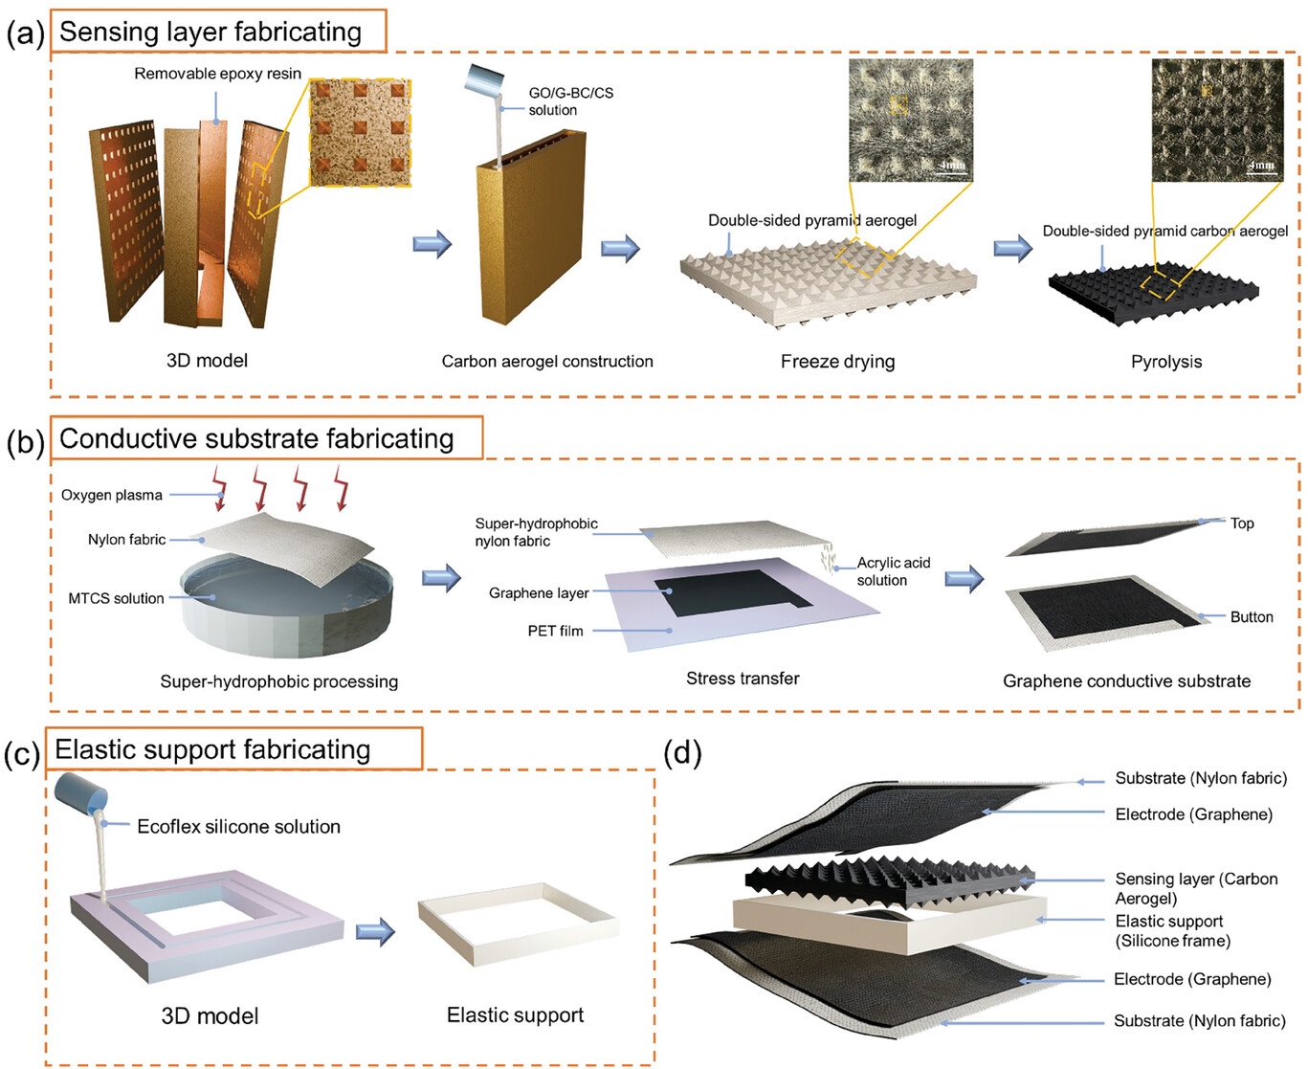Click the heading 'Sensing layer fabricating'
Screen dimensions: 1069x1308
tap(211, 32)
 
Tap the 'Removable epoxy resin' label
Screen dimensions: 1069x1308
tap(217, 74)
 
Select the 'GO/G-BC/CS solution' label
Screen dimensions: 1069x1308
tap(570, 101)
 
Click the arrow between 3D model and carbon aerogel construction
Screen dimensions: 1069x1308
tap(432, 244)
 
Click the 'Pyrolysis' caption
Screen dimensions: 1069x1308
tap(1165, 362)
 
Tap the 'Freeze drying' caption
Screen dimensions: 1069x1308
tap(837, 362)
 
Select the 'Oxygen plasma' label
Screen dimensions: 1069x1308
tap(112, 495)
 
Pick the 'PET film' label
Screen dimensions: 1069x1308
tap(555, 631)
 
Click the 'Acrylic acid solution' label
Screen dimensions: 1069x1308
tap(892, 571)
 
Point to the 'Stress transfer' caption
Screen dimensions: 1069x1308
tap(743, 679)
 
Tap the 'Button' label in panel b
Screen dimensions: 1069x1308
tap(1252, 617)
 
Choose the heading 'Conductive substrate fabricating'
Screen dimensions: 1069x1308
tap(256, 438)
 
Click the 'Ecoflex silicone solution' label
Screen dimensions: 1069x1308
tap(238, 827)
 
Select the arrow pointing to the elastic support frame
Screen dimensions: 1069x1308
tap(375, 931)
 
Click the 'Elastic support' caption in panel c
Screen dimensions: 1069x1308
tap(515, 1015)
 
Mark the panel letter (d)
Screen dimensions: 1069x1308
tap(682, 753)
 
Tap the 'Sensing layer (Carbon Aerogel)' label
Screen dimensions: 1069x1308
tap(1195, 888)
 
